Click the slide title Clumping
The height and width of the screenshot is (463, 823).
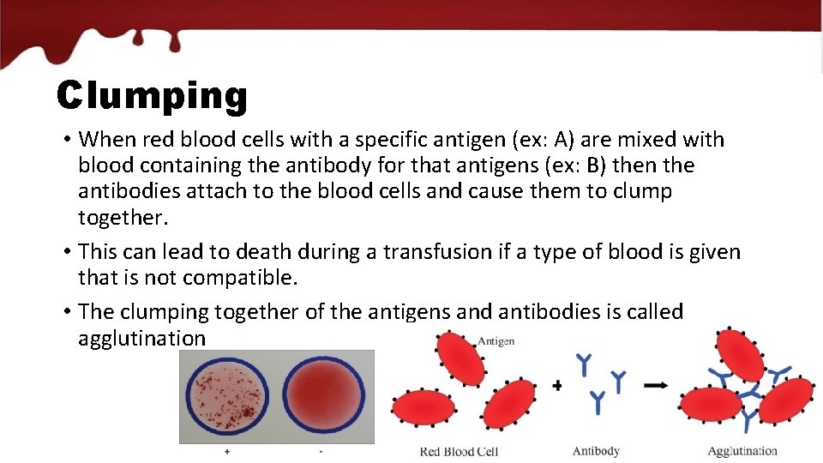pos(152,96)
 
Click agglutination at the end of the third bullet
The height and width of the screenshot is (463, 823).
pos(141,339)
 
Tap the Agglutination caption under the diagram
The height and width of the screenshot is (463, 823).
pos(742,451)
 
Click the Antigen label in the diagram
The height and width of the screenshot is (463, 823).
pos(496,341)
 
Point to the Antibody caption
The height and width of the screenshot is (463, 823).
pos(596,451)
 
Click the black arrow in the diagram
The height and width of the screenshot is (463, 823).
pos(657,385)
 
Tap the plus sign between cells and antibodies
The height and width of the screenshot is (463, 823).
pos(557,386)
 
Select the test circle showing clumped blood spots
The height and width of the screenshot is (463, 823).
pos(227,397)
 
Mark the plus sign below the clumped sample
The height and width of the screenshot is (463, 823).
pos(226,451)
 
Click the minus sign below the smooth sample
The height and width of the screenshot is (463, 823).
pos(321,451)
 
